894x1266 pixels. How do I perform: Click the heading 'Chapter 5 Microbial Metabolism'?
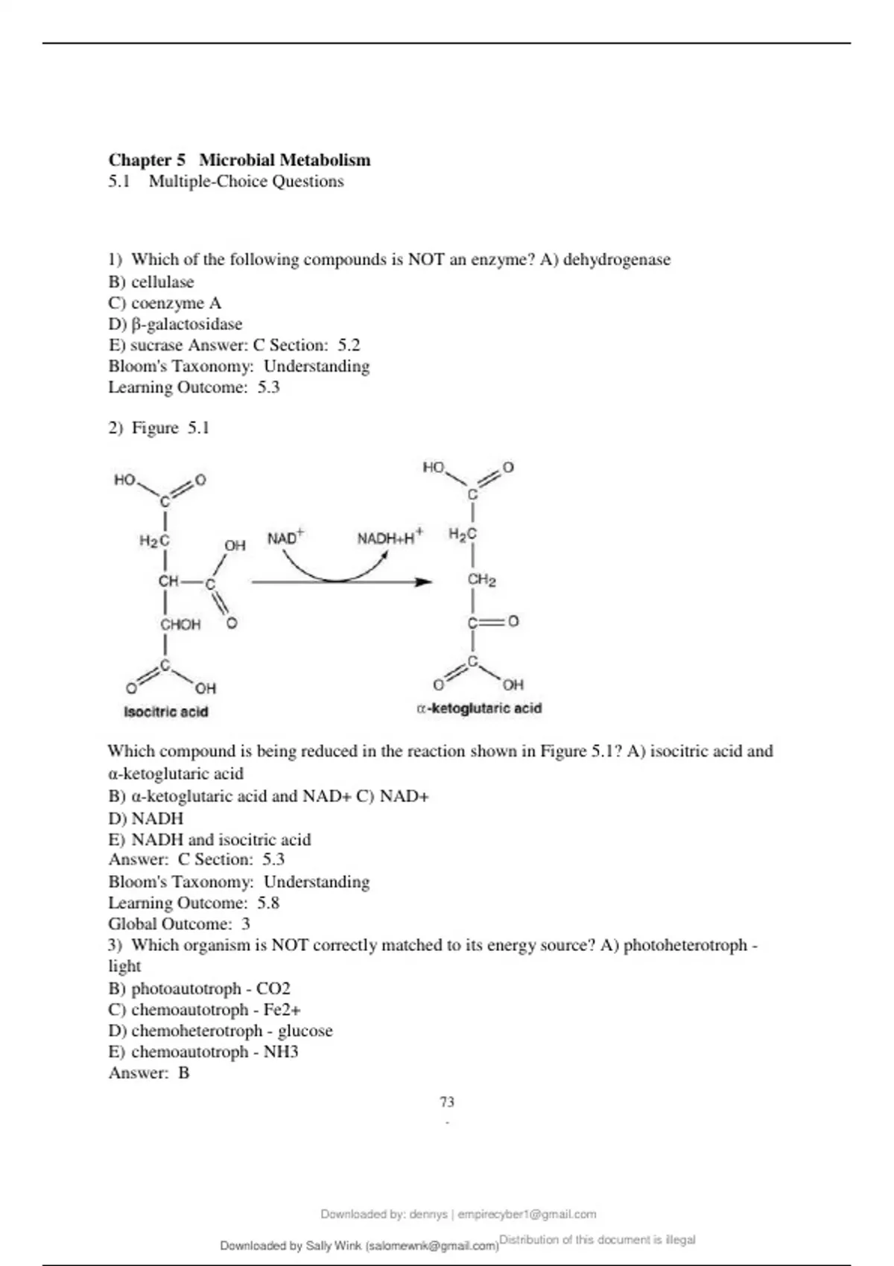coord(239,160)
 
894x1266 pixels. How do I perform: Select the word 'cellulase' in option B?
coord(162,282)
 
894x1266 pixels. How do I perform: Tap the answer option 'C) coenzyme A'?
coord(165,303)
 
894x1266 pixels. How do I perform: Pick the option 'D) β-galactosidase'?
coord(175,324)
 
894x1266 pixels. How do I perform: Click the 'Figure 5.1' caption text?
coord(171,428)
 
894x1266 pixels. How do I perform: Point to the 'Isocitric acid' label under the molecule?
coord(165,712)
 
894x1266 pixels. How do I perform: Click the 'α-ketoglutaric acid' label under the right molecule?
coord(479,708)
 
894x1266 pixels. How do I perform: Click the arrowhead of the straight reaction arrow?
coord(424,582)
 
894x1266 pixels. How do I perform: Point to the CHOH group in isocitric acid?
coord(180,625)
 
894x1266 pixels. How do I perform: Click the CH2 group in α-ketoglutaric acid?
coord(481,580)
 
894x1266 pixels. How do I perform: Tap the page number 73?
coord(447,1101)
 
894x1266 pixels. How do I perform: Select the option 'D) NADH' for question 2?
coord(146,818)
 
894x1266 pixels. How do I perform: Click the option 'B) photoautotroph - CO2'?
coord(200,989)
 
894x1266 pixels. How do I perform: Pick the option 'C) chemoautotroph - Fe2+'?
coord(205,1010)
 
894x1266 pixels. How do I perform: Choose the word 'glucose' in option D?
coord(305,1031)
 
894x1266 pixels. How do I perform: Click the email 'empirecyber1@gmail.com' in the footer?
coord(527,1214)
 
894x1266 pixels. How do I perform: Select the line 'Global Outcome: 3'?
coord(179,924)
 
